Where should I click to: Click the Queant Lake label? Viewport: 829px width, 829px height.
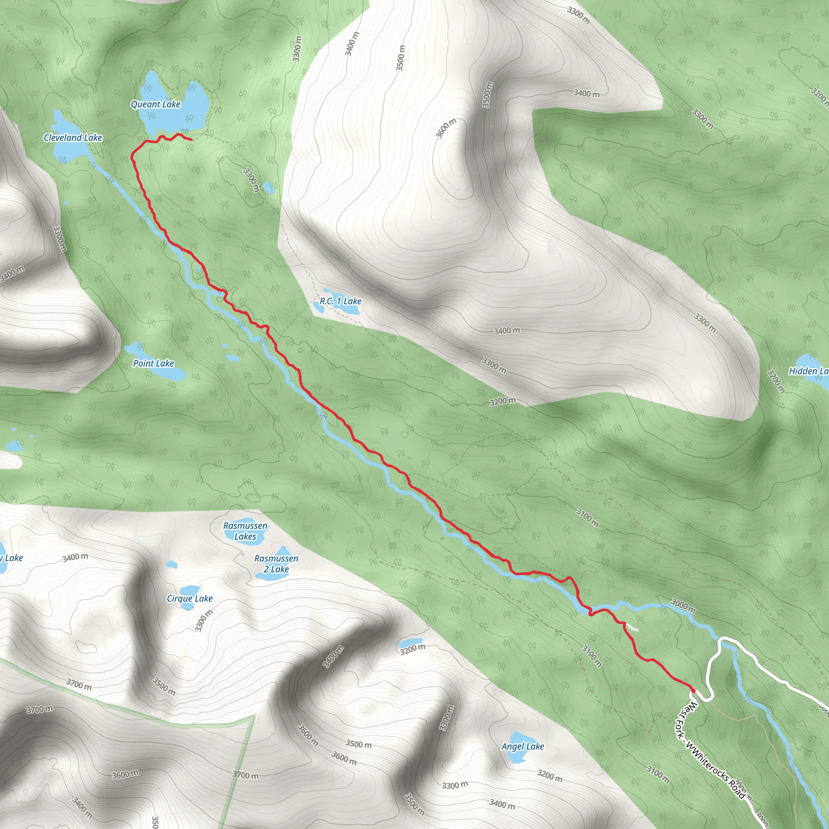pyautogui.click(x=155, y=104)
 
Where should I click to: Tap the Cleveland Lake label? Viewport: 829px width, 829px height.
pyautogui.click(x=73, y=138)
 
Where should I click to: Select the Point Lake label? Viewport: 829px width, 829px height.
pyautogui.click(x=153, y=363)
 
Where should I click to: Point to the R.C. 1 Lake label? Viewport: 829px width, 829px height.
pyautogui.click(x=340, y=301)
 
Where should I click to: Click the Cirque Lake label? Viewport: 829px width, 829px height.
pyautogui.click(x=190, y=599)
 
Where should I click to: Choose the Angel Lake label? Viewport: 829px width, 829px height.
pyautogui.click(x=523, y=746)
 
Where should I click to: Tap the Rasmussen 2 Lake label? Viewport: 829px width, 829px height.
pyautogui.click(x=276, y=564)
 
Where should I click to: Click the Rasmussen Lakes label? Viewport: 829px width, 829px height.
pyautogui.click(x=245, y=531)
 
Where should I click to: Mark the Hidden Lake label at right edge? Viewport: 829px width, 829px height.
pyautogui.click(x=808, y=371)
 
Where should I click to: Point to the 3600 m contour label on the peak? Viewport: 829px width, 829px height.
pyautogui.click(x=446, y=128)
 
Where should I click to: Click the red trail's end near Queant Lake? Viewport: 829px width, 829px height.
pyautogui.click(x=191, y=140)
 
